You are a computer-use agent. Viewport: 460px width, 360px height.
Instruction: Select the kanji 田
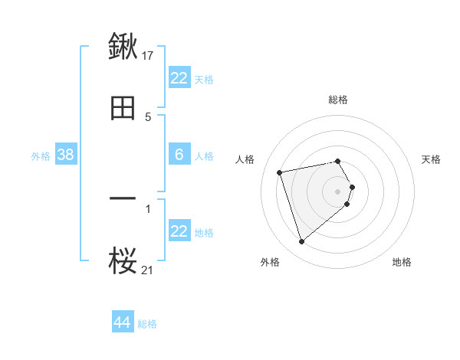tap(123, 108)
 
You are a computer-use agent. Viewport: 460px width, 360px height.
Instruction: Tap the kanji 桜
tap(123, 261)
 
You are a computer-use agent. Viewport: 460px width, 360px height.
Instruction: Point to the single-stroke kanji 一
tap(123, 198)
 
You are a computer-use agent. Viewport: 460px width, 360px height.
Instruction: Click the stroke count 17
tap(148, 55)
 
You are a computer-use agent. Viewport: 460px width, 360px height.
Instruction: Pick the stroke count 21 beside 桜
tap(148, 270)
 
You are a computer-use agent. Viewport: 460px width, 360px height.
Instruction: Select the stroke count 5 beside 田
tap(148, 117)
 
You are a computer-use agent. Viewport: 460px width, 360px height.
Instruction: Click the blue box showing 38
tap(65, 155)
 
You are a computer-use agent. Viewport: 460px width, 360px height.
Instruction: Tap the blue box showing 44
tap(123, 322)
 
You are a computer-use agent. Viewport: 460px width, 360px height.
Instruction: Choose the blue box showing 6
tap(179, 155)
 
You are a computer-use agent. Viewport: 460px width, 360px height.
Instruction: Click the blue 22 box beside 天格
tap(179, 77)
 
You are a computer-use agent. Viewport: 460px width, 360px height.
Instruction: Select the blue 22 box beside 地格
tap(179, 231)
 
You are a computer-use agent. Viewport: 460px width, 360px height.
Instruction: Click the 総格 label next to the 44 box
tap(147, 324)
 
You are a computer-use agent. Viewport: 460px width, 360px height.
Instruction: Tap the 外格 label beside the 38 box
tap(41, 155)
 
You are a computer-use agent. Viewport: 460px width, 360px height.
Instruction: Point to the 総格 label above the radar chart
tap(338, 100)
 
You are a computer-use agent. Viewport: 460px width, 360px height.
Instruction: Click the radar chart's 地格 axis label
tap(402, 262)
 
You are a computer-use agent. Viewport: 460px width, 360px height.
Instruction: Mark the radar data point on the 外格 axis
tap(301, 242)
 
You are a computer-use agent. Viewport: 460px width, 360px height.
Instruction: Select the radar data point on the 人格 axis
tap(280, 172)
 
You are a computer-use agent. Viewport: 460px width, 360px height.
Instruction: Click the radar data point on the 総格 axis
tap(338, 161)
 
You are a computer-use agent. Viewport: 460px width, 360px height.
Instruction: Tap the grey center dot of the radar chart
tap(338, 191)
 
